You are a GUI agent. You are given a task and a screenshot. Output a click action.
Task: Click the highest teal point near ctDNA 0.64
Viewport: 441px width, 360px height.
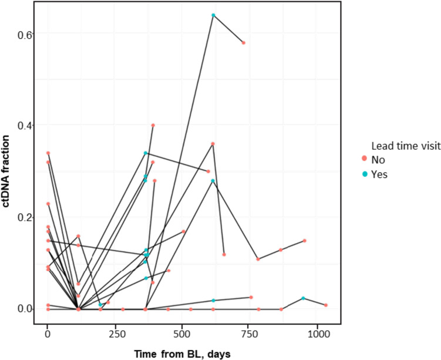point(213,15)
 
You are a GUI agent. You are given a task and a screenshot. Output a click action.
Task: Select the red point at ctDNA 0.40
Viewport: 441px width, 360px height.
point(153,125)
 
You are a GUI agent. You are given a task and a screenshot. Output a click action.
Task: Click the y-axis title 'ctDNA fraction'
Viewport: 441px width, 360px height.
point(9,172)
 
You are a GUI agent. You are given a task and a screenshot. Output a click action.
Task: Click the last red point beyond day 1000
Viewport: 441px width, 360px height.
point(325,305)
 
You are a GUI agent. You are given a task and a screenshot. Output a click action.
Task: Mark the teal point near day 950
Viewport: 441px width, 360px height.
point(303,298)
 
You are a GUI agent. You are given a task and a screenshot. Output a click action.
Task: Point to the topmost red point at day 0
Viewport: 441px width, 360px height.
point(48,153)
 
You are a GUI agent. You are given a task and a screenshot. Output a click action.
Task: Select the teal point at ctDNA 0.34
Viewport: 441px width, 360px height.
point(146,153)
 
